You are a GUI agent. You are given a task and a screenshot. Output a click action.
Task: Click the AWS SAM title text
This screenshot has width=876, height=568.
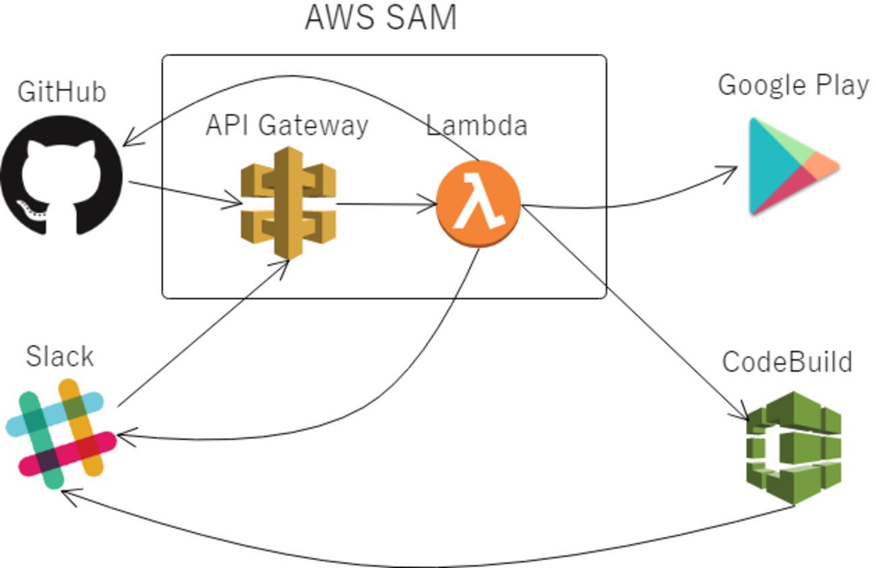pos(381,18)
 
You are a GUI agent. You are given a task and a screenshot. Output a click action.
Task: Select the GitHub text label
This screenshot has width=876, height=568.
pos(62,92)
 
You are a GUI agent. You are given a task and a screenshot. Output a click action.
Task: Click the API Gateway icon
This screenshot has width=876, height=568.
pos(288,201)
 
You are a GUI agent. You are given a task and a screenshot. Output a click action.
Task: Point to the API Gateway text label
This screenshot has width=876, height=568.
pos(287,125)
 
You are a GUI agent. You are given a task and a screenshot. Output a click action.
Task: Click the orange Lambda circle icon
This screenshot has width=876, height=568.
pos(478,203)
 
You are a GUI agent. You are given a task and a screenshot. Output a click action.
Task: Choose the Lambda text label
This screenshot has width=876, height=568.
pos(477,125)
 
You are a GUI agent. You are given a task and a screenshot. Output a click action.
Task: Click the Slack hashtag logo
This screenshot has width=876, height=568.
pos(61,432)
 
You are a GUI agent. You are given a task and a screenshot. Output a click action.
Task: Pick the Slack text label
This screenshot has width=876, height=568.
pos(59,356)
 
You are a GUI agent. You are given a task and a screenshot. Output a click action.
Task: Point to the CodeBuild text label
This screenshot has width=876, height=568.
pos(787,362)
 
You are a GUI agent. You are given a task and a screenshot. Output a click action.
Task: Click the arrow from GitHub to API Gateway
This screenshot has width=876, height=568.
pos(182,191)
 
